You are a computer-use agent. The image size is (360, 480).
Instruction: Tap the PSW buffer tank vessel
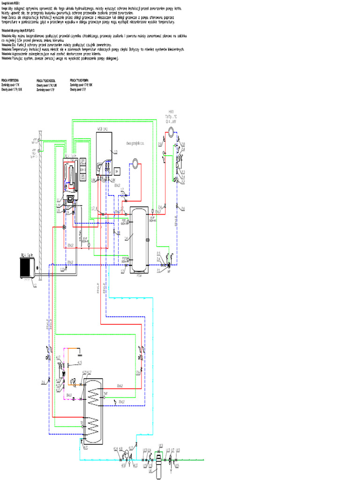tap(140, 239)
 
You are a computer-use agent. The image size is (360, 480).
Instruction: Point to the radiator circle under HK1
tap(174, 133)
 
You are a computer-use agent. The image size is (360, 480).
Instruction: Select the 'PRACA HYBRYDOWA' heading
tap(10, 80)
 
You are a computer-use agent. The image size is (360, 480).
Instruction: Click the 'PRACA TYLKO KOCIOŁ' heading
tap(46, 80)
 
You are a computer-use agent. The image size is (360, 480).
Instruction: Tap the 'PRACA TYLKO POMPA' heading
tap(80, 80)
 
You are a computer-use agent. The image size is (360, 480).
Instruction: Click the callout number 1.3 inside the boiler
tap(114, 151)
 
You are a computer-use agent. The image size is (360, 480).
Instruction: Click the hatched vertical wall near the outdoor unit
tap(41, 206)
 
